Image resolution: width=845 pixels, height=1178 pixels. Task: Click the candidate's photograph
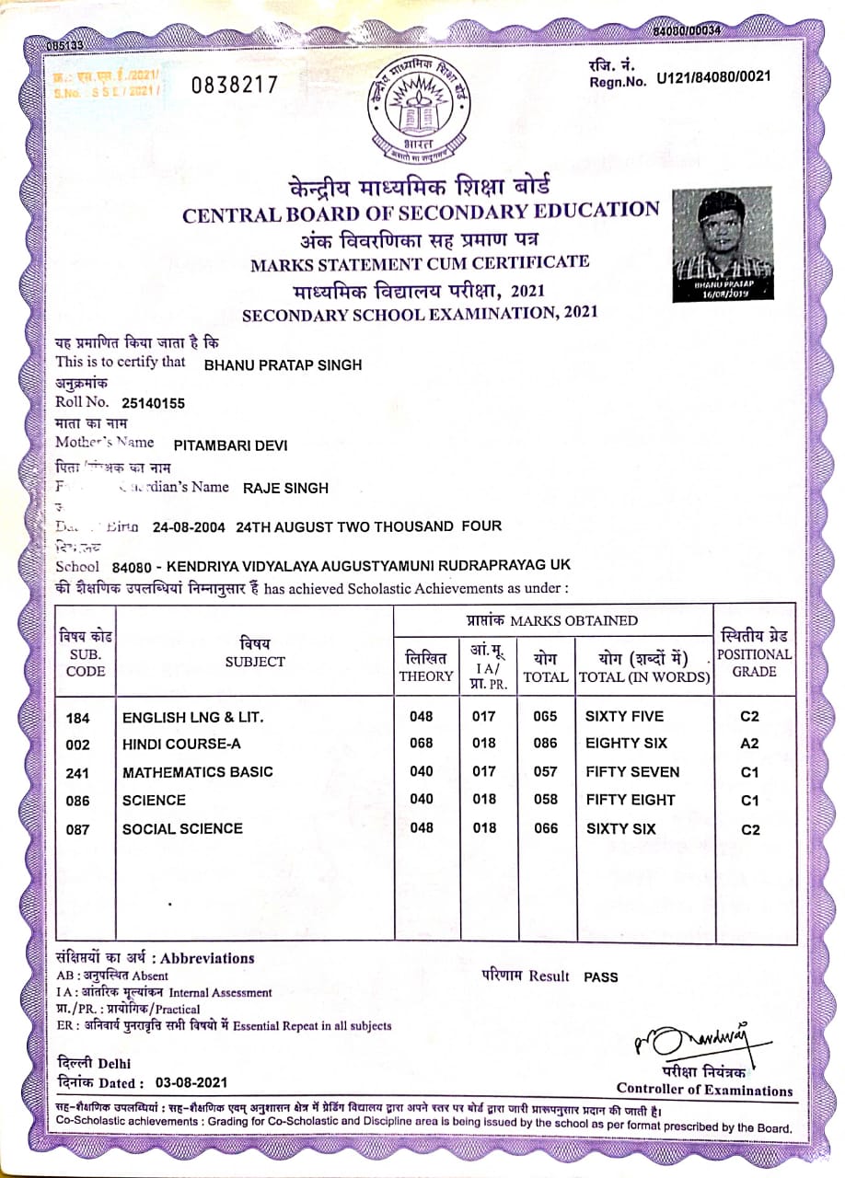coord(722,244)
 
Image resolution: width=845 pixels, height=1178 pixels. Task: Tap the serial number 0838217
coord(234,86)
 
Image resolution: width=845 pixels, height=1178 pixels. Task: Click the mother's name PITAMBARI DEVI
coord(230,445)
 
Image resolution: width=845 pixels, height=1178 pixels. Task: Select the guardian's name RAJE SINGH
coord(285,488)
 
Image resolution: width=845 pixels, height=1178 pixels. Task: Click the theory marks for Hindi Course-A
coord(421,743)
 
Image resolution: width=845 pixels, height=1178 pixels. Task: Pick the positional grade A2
coord(750,744)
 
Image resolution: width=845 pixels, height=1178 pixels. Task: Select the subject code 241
coord(79,773)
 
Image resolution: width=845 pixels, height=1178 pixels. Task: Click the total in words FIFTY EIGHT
coord(630,800)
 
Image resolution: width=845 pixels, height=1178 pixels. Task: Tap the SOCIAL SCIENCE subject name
coord(182,828)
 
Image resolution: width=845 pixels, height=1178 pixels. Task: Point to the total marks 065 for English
coord(546,716)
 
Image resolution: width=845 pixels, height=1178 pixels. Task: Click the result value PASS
coord(600,976)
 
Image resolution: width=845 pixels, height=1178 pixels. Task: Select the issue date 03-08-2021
coord(191,1082)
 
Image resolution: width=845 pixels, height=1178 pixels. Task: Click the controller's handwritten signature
coord(690,1043)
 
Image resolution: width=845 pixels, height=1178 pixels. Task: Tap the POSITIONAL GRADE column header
coord(754,653)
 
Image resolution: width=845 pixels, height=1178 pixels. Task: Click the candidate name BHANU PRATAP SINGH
coord(282,364)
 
